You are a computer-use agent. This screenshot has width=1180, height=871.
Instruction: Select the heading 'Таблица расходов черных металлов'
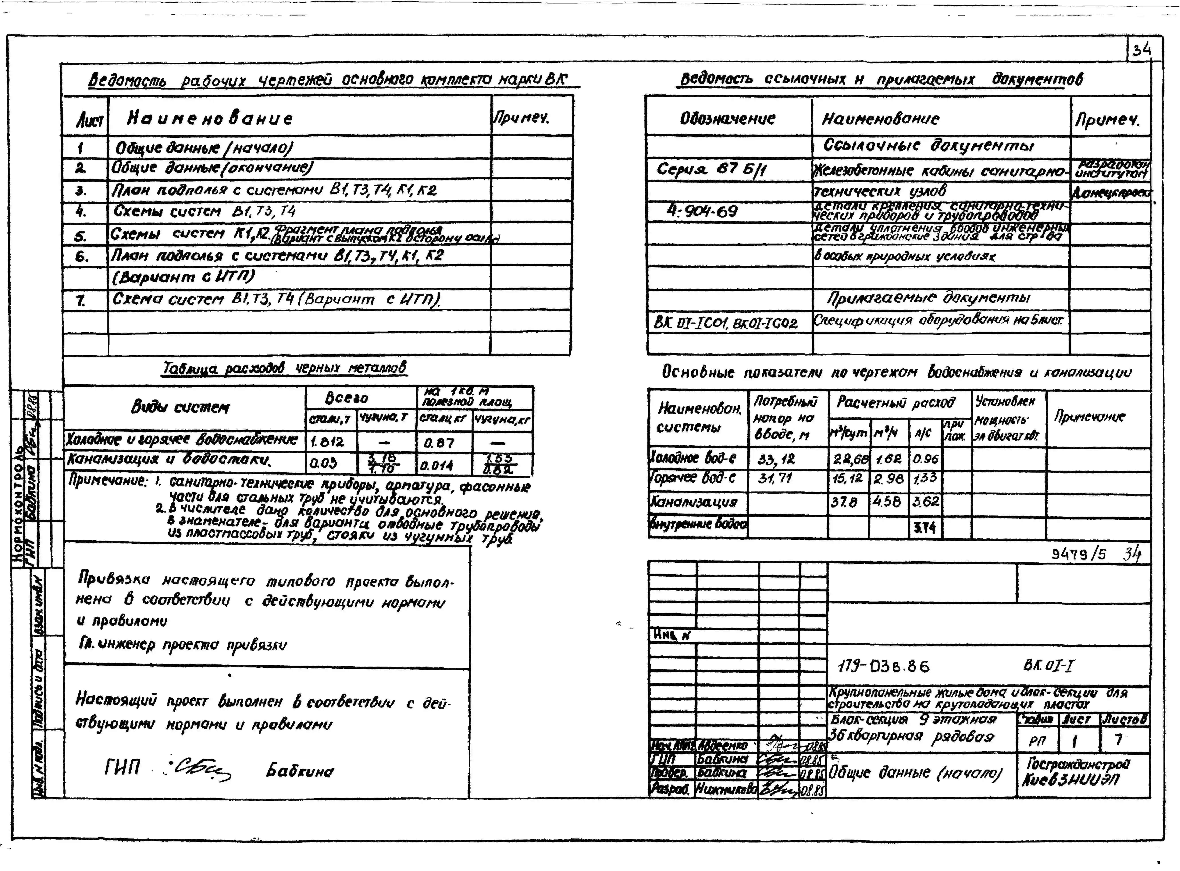pyautogui.click(x=285, y=368)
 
